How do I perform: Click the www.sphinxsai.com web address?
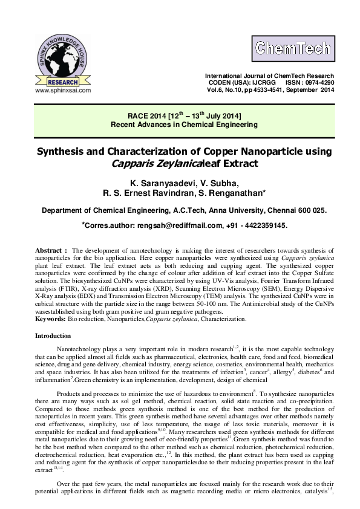63,89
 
